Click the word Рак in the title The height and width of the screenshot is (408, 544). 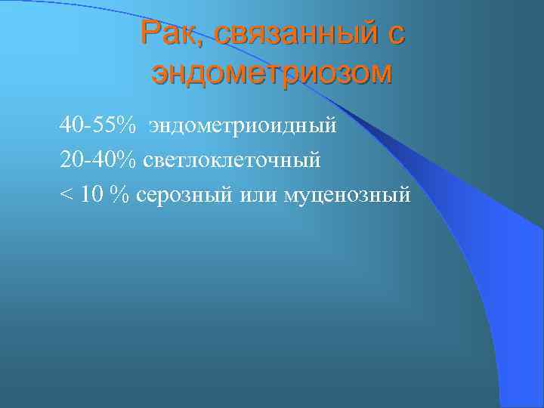[x=171, y=35]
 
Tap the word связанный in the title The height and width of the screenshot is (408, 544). [x=297, y=35]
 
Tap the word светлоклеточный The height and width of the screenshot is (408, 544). [x=234, y=159]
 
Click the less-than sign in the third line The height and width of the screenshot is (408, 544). [x=66, y=195]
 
